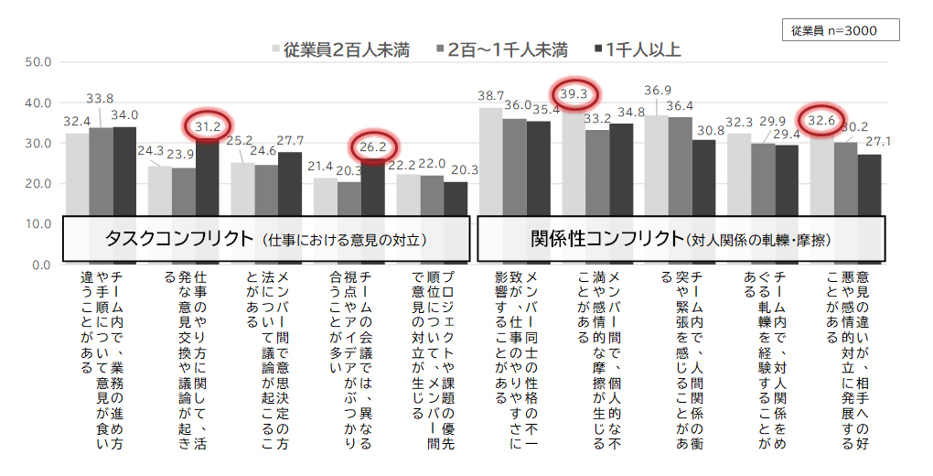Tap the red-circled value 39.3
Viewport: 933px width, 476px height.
tap(575, 94)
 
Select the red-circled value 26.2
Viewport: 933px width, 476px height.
tap(373, 146)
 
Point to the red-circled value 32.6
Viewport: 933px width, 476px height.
tap(823, 120)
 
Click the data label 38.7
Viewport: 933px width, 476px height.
tap(491, 95)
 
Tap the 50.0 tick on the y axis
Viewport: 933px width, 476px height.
tap(41, 62)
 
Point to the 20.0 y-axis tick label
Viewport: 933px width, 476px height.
tap(41, 183)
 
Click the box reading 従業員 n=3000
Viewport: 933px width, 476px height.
tap(842, 30)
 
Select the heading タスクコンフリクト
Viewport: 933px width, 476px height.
tap(178, 239)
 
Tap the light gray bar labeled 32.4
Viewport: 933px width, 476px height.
tap(77, 174)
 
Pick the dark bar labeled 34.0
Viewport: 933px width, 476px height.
tap(124, 171)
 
